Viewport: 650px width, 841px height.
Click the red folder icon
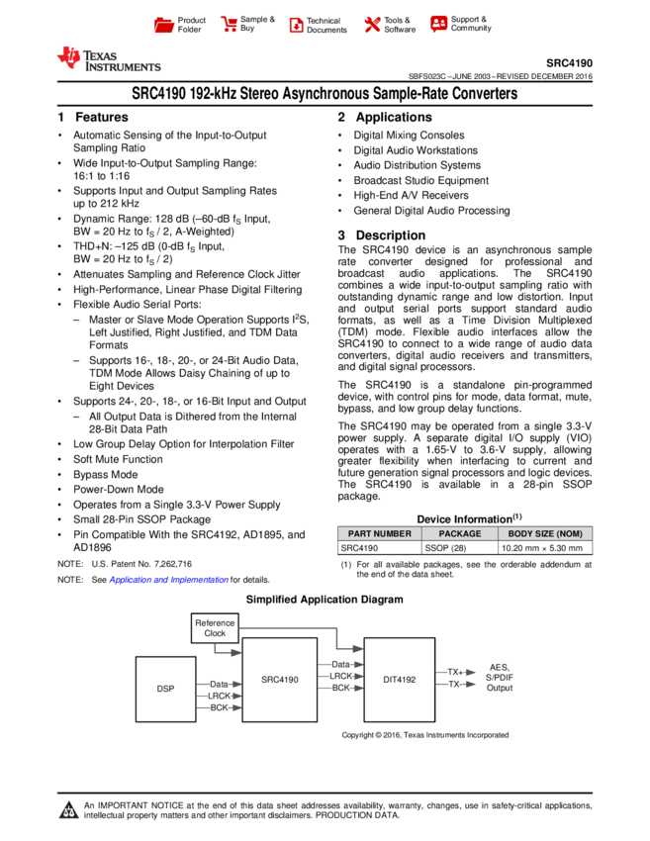pyautogui.click(x=164, y=26)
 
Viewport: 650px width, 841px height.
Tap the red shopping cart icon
pyautogui.click(x=230, y=25)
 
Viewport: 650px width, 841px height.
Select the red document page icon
pyautogui.click(x=296, y=26)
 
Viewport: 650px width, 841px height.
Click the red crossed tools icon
pyautogui.click(x=372, y=25)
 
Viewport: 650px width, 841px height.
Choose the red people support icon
pyautogui.click(x=438, y=24)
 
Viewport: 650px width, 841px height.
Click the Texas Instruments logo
pyautogui.click(x=108, y=58)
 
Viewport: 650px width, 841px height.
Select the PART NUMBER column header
pyautogui.click(x=379, y=534)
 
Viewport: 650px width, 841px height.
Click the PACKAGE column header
pyautogui.click(x=459, y=534)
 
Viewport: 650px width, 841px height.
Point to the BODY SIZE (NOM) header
pyautogui.click(x=545, y=534)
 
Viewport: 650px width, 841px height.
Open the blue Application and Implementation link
pyautogui.click(x=168, y=581)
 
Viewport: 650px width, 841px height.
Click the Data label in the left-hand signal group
pyautogui.click(x=220, y=684)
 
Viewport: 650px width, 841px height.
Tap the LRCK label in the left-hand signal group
pyautogui.click(x=219, y=696)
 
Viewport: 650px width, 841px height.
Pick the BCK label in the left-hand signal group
pyautogui.click(x=219, y=707)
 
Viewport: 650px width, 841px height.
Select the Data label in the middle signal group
pyautogui.click(x=340, y=664)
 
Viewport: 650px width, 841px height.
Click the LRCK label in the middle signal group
pyautogui.click(x=340, y=676)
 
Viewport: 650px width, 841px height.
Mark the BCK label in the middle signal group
pyautogui.click(x=340, y=688)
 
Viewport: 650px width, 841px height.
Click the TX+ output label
pyautogui.click(x=454, y=672)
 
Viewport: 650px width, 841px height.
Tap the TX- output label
pyautogui.click(x=454, y=684)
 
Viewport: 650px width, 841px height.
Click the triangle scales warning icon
pyautogui.click(x=68, y=810)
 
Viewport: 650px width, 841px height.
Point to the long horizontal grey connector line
pyautogui.click(x=288, y=627)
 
